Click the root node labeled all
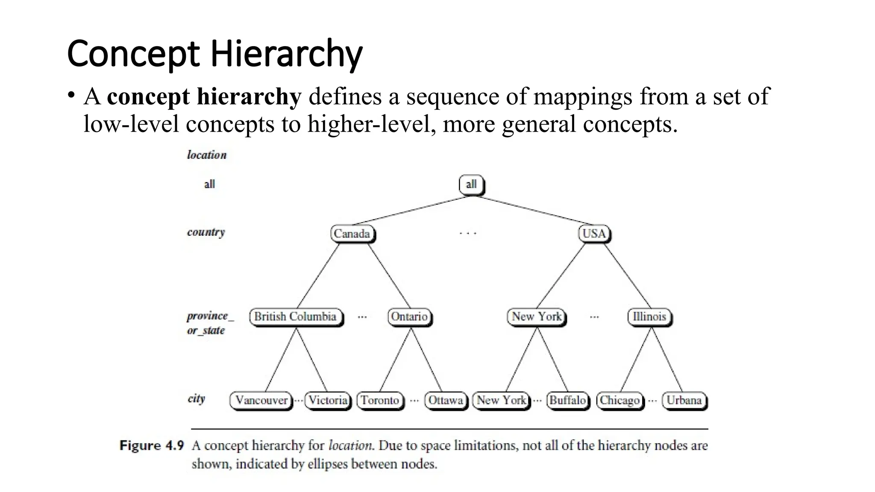tap(471, 184)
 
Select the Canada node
tap(352, 234)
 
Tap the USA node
tap(594, 234)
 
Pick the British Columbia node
tap(296, 317)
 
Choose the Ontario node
tap(409, 317)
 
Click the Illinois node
tap(649, 317)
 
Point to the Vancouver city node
tap(261, 401)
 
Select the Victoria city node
tap(328, 401)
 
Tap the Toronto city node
tap(380, 401)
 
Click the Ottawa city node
tap(446, 401)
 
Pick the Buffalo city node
tap(567, 401)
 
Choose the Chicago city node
tap(620, 401)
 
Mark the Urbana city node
tap(684, 401)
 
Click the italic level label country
tap(206, 233)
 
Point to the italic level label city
tap(197, 399)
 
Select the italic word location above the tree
tap(207, 155)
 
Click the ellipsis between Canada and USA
tap(468, 234)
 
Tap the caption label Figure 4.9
tap(152, 445)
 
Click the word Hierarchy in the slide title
tap(286, 54)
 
